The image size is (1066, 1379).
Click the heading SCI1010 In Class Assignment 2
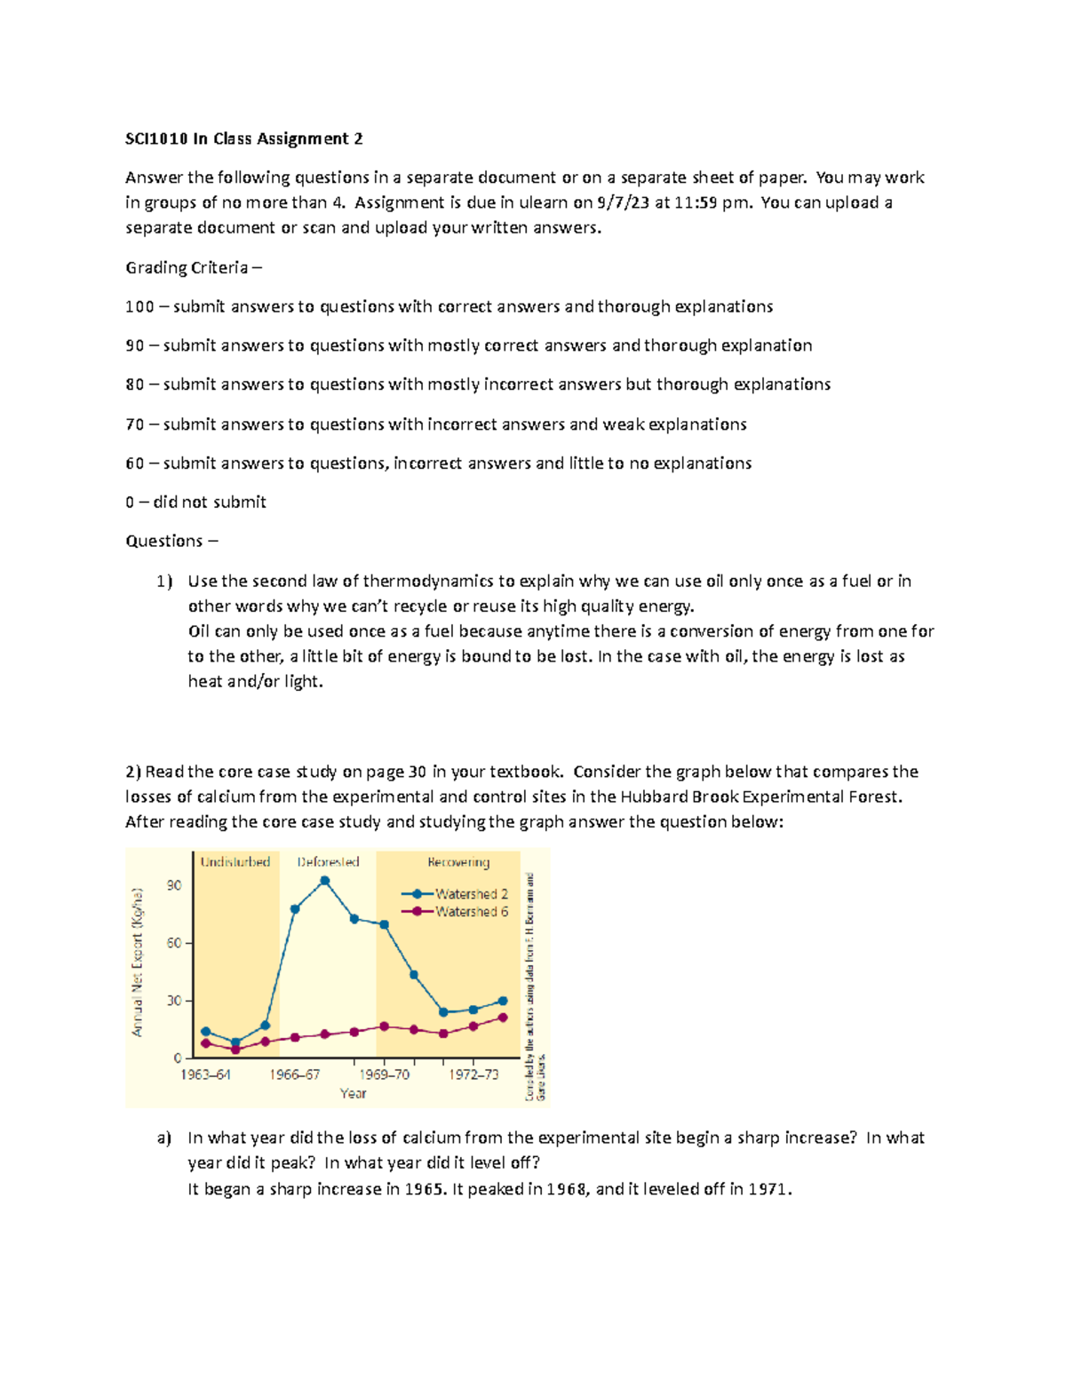pos(244,139)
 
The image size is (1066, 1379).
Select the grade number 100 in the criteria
pos(139,306)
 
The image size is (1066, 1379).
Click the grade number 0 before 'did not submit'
pos(130,502)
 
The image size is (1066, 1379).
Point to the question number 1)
pos(164,582)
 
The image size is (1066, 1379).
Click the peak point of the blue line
pos(325,881)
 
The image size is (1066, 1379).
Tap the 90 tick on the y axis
pos(174,885)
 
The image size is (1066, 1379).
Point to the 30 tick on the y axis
pos(174,1001)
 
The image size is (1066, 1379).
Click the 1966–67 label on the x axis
pos(295,1074)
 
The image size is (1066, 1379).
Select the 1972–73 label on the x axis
pos(473,1074)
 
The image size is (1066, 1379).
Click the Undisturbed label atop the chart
pos(235,862)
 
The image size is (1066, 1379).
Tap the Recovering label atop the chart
pos(458,862)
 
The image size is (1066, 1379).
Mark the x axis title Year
pos(353,1094)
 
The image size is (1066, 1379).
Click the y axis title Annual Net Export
pos(138,963)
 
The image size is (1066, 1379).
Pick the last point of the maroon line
pos(503,1018)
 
